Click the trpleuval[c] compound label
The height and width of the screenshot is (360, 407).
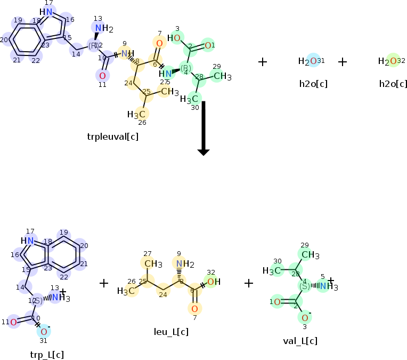point(113,137)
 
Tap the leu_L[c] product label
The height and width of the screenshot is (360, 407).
point(171,332)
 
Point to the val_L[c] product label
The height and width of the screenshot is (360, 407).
point(300,341)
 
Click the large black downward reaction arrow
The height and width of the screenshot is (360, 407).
point(203,128)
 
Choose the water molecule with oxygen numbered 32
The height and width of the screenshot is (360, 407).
point(388,61)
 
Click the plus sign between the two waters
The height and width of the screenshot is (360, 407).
point(343,62)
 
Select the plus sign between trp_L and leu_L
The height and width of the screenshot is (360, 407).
point(104,283)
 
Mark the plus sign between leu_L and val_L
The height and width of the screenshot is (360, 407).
point(249,283)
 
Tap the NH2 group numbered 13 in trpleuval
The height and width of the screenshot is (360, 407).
point(101,28)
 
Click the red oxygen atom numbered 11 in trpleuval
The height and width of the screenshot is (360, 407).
point(102,75)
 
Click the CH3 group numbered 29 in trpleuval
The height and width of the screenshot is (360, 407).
point(222,77)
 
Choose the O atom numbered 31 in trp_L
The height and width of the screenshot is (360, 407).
point(44,332)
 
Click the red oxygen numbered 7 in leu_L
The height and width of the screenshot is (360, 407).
point(195,309)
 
